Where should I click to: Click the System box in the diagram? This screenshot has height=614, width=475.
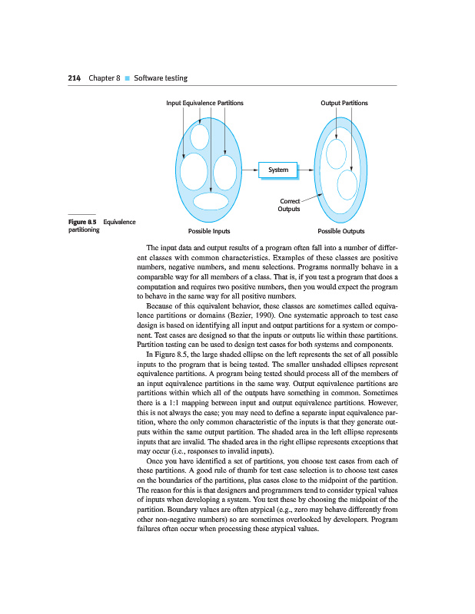click(x=278, y=170)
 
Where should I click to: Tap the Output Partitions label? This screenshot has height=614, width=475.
click(x=344, y=103)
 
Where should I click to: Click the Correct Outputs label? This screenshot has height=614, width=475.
click(x=289, y=205)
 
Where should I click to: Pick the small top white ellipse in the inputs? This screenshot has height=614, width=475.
click(x=200, y=136)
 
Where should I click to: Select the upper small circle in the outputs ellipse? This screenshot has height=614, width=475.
click(x=336, y=153)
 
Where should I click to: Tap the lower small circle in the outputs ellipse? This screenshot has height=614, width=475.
click(x=347, y=184)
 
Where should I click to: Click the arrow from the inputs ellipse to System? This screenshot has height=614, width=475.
click(x=249, y=170)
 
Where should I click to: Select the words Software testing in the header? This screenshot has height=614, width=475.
click(x=161, y=78)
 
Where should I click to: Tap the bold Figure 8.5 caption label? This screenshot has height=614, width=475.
click(x=82, y=223)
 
